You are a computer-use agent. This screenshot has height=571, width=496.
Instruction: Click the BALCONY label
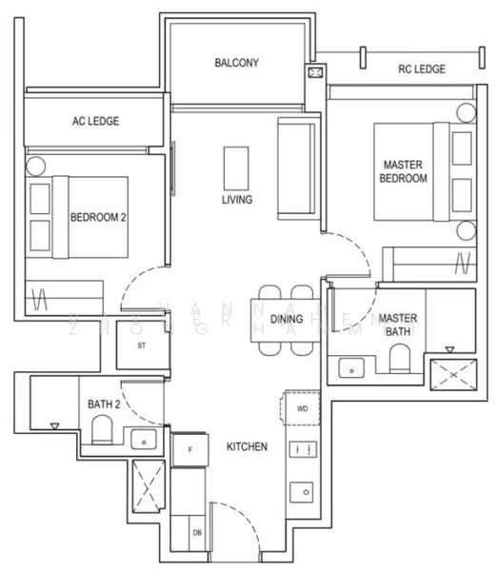(x=237, y=64)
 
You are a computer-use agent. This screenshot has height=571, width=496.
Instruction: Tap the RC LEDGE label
(x=423, y=69)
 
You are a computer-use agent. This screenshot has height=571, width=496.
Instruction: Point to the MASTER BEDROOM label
(x=404, y=171)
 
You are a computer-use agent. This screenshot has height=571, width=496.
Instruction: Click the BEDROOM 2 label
(x=98, y=217)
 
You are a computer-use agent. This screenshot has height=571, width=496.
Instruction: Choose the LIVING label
(x=236, y=200)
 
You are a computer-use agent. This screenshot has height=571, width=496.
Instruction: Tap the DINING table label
(x=286, y=319)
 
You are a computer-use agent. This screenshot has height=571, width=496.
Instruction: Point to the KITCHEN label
(x=246, y=446)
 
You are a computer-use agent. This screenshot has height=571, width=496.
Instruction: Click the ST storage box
(x=141, y=345)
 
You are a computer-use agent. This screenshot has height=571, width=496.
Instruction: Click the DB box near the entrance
(x=197, y=533)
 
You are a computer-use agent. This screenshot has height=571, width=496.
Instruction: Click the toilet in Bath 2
(x=100, y=436)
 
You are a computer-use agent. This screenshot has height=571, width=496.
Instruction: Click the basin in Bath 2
(x=144, y=440)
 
